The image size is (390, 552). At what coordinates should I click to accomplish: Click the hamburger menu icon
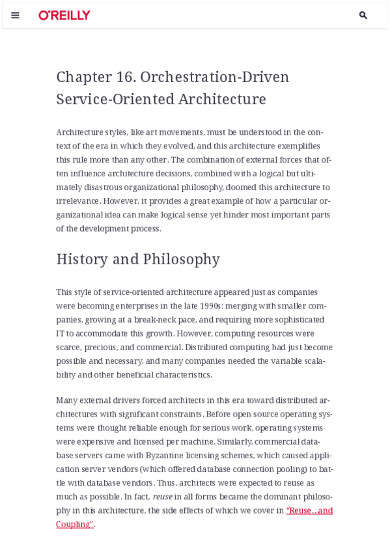15,15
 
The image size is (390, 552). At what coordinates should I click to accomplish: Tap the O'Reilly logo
64,15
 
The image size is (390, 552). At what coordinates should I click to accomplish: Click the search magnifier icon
363,15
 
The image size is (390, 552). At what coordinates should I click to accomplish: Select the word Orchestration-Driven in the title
214,77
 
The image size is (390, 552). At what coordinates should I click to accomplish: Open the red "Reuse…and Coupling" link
309,511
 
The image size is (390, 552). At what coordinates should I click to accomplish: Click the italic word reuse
163,497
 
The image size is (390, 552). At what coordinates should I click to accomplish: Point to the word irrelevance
77,201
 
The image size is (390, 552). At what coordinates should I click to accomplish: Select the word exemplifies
299,146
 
